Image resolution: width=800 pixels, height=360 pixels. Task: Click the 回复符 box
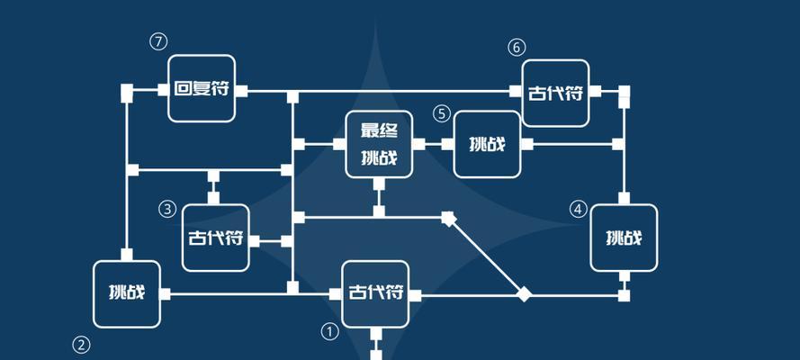click(202, 89)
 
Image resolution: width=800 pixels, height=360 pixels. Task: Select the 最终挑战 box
click(379, 144)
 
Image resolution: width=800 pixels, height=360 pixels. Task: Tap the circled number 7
click(158, 41)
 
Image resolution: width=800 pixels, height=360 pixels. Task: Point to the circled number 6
click(517, 48)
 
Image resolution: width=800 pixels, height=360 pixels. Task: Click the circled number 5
click(442, 113)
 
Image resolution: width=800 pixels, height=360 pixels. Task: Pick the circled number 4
click(578, 209)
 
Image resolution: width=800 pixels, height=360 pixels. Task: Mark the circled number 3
click(167, 209)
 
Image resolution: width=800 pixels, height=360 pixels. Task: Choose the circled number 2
click(81, 346)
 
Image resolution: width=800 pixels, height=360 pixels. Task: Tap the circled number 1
click(329, 332)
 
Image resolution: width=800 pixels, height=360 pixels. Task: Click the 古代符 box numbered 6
click(555, 94)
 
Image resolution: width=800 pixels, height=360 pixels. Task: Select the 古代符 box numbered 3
click(216, 238)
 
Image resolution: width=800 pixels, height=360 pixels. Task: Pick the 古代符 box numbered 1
click(375, 294)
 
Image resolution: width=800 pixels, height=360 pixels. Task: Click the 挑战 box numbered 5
click(487, 144)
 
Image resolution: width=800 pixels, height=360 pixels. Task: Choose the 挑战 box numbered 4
click(624, 238)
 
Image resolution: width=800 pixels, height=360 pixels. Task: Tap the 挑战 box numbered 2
click(127, 294)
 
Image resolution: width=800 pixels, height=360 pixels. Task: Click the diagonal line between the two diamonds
click(486, 256)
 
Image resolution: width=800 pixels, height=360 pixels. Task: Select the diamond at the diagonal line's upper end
click(448, 218)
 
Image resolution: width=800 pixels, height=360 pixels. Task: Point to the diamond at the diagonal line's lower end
click(524, 294)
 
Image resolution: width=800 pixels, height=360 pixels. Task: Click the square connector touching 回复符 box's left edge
click(163, 90)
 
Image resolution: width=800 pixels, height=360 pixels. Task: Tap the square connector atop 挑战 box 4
click(624, 198)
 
